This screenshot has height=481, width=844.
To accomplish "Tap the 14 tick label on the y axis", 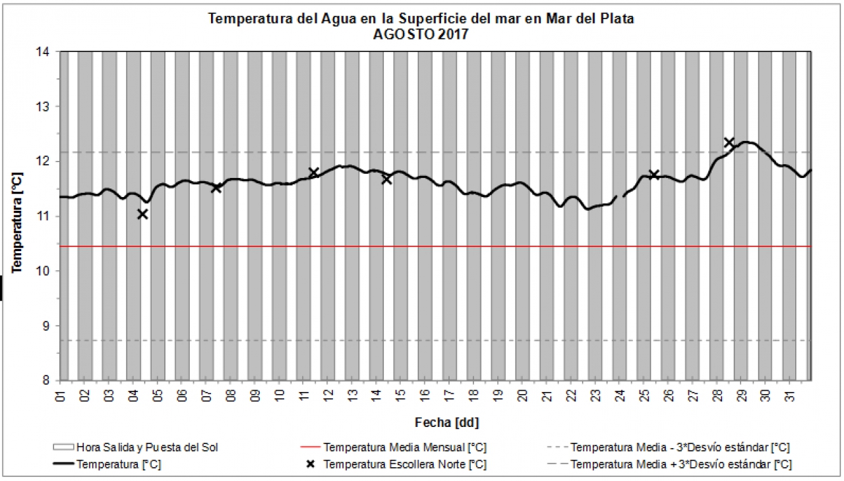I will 49,51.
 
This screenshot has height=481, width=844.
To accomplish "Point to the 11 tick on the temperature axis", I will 49,216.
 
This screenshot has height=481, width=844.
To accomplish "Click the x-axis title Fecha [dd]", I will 442,422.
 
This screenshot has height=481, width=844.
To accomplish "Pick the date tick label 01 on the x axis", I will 61,395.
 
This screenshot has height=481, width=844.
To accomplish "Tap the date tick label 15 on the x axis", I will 401,395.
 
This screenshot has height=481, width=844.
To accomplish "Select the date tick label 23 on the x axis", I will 595,395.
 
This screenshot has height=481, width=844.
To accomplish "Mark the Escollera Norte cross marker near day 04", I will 142,214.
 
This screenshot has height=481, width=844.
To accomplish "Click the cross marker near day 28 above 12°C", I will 729,142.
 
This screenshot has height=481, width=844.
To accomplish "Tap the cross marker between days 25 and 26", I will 654,175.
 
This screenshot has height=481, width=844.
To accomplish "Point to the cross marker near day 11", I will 314,173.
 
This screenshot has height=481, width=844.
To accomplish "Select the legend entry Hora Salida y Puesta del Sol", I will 146,447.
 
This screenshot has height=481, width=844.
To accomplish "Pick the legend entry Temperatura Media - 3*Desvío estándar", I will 680,447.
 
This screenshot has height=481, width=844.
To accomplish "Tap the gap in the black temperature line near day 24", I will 620,196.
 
